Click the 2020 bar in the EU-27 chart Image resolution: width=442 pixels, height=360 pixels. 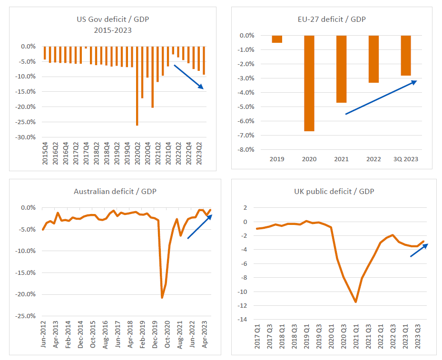tap(309, 83)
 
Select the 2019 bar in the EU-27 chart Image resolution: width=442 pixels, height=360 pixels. tap(277, 39)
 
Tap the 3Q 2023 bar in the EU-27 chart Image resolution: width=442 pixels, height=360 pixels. tap(406, 56)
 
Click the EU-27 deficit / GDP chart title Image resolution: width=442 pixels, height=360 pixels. tap(331, 19)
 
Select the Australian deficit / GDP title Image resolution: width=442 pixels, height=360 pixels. tap(115, 192)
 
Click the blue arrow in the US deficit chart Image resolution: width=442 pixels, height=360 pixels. tap(189, 77)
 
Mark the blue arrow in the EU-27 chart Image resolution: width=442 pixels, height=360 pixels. tap(381, 97)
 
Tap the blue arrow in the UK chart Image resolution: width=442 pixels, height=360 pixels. tap(419, 250)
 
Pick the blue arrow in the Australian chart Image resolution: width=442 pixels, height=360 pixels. tap(200, 226)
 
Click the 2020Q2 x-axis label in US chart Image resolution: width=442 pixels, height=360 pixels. tap(137, 153)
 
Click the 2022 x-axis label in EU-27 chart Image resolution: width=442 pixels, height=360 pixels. tap(373, 159)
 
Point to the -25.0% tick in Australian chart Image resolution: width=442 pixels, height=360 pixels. tap(26, 316)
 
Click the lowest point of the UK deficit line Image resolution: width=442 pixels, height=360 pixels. tap(355, 302)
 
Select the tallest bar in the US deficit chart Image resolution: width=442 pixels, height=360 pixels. tap(137, 86)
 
